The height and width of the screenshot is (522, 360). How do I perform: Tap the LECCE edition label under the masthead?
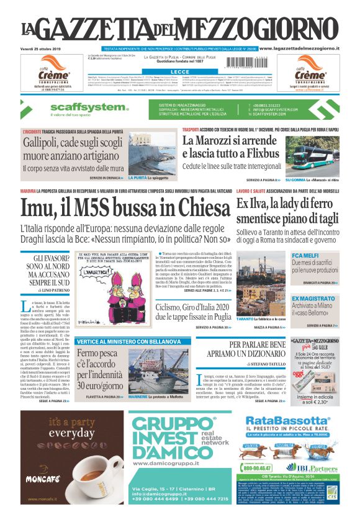pos(180,72)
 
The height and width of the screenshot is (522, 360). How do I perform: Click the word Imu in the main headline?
pos(43,209)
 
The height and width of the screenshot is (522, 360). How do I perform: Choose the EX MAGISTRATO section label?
pos(313,299)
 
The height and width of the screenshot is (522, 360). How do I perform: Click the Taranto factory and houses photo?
pos(261,286)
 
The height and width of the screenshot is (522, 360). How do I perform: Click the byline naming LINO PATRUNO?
pos(50,290)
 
